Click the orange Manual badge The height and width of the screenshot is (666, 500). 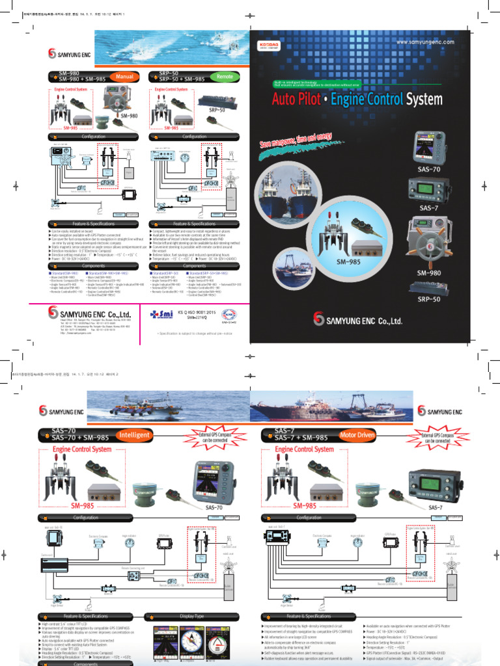click(124, 77)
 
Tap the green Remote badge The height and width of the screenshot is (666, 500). click(225, 77)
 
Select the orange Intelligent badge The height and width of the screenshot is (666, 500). click(134, 434)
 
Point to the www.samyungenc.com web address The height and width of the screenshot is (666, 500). click(425, 42)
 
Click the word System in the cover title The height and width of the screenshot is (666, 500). click(424, 100)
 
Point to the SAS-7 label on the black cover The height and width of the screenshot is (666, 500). click(429, 207)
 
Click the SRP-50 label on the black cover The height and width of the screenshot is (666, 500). click(429, 299)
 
